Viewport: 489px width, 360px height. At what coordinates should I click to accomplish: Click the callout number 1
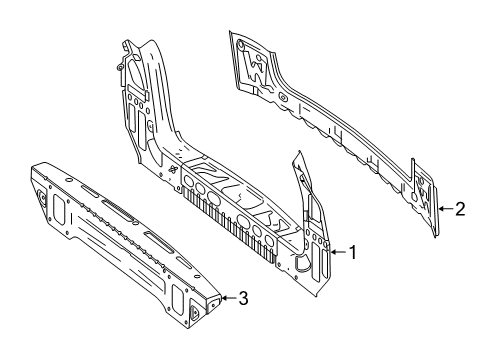[353, 252]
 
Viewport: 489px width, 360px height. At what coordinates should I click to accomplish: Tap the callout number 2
[460, 209]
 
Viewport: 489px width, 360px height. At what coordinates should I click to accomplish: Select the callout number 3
[244, 298]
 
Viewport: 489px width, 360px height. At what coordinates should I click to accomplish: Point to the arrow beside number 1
[338, 252]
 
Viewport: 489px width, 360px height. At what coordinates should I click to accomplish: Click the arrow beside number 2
[446, 209]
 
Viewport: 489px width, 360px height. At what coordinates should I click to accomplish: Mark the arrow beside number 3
[229, 298]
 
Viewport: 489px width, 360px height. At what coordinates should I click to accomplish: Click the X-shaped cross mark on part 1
[173, 170]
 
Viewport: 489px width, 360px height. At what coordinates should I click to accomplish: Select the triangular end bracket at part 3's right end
[195, 312]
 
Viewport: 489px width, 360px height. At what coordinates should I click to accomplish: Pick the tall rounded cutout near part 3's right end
[177, 297]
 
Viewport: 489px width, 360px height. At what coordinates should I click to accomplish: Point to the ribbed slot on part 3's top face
[118, 210]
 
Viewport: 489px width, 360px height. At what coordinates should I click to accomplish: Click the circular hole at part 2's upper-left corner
[240, 44]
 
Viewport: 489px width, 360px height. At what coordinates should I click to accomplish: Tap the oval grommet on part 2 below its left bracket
[283, 98]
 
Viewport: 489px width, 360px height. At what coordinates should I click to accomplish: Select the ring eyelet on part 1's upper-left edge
[119, 67]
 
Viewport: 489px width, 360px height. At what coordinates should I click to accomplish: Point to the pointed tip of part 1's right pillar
[298, 152]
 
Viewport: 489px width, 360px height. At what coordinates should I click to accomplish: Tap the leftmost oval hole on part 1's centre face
[189, 182]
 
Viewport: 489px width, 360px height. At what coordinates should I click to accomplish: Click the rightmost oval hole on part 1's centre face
[269, 241]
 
